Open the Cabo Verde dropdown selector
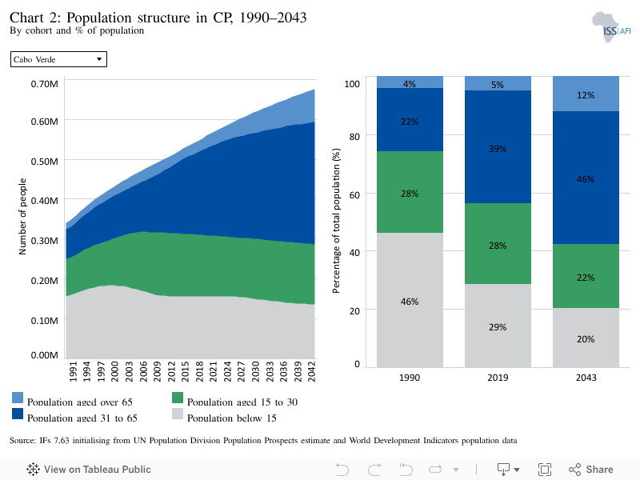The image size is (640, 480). point(58,59)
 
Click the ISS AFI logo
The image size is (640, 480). point(611,27)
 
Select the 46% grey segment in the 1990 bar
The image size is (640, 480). point(410,300)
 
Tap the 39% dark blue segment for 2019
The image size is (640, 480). point(498,147)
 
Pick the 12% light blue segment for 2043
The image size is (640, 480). point(586,94)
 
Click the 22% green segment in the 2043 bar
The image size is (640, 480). point(586,276)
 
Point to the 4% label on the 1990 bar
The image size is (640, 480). point(410,84)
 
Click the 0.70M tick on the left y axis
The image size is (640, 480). point(45,84)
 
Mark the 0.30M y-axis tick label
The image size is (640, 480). point(45,241)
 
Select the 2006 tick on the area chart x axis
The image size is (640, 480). point(143,371)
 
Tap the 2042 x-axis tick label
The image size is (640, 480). point(311,371)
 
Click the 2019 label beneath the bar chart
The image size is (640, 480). point(498,378)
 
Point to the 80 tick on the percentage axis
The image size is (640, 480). point(354,136)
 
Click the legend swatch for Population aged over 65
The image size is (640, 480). point(18,398)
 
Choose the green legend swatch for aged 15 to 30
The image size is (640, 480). point(178,398)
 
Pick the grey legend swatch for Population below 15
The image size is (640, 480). point(178,414)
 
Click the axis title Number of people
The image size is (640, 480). point(22,216)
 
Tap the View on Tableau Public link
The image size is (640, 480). point(89,470)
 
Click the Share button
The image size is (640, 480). point(591,470)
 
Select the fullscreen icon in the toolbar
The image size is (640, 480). point(545,470)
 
